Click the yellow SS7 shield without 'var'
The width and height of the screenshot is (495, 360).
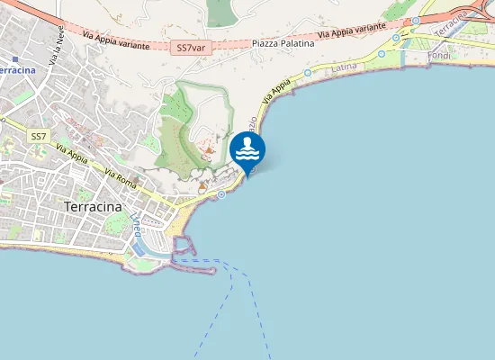pos(38,136)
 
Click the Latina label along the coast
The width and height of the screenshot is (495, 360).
pos(344,67)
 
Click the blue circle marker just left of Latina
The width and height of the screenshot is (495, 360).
pos(308,72)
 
